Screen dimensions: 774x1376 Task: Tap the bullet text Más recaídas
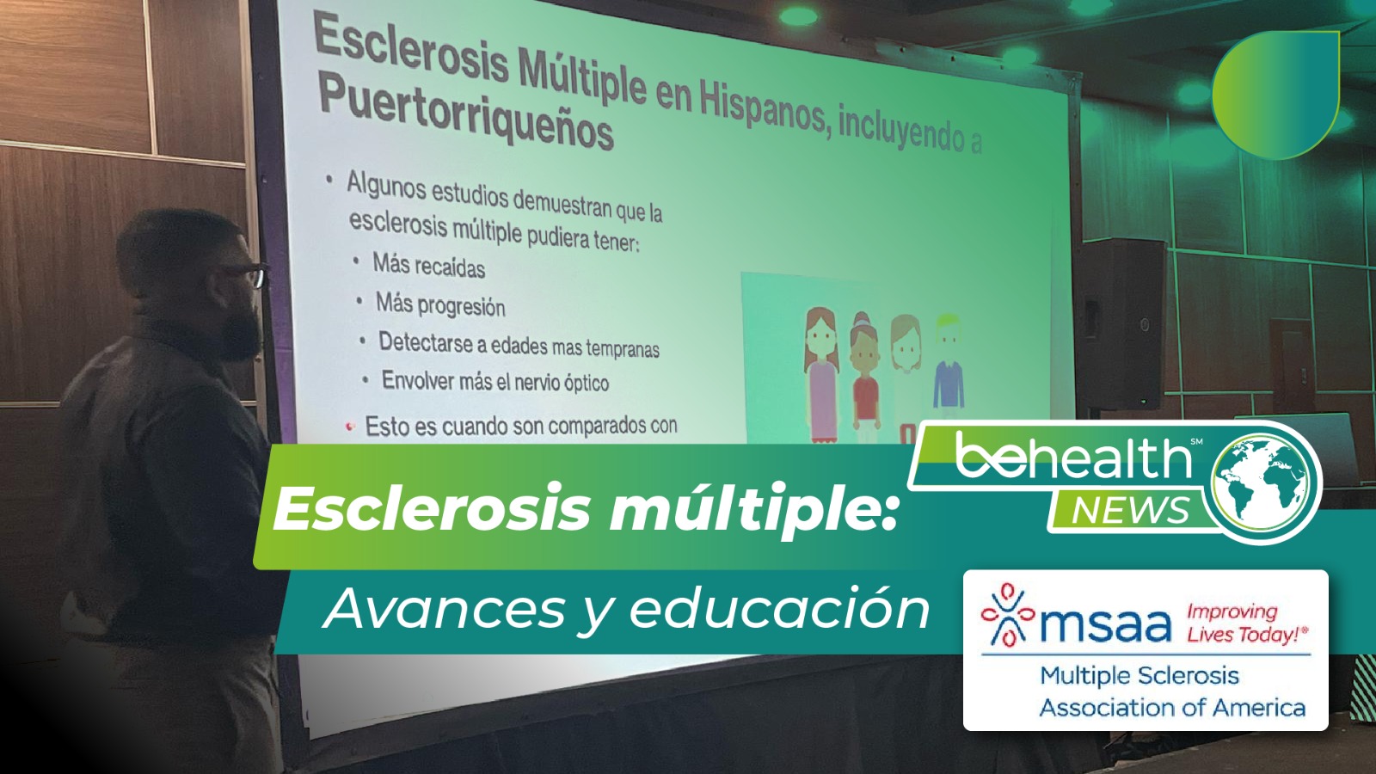point(428,266)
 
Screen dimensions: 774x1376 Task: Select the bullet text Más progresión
point(440,304)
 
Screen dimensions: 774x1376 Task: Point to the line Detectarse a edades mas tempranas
point(519,345)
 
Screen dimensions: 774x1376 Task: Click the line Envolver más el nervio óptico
point(494,381)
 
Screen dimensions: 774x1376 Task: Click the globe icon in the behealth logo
point(1265,482)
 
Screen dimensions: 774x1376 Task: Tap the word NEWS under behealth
point(1130,511)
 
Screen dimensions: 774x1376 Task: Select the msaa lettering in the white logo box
point(1105,625)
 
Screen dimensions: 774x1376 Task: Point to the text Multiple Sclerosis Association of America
point(1171,691)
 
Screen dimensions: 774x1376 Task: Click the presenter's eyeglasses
point(249,276)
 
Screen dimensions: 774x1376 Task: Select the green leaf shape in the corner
point(1275,95)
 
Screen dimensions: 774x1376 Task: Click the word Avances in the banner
point(443,610)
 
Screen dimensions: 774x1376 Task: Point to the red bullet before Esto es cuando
point(349,426)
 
